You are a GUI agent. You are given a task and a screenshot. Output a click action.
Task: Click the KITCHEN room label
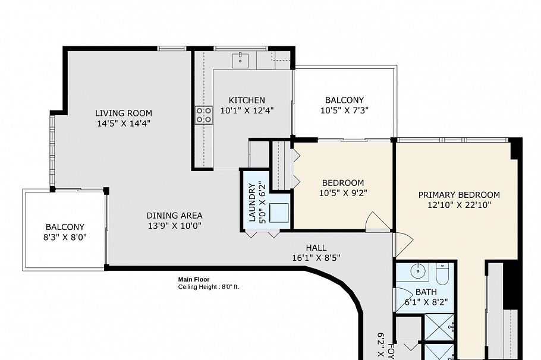click(x=247, y=100)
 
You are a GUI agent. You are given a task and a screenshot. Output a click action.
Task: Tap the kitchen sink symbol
click(x=242, y=58)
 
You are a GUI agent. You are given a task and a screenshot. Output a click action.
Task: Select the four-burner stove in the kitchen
click(x=204, y=115)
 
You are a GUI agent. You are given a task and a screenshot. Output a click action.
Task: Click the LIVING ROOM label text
click(x=124, y=113)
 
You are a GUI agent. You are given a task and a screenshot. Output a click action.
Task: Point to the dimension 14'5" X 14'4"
click(x=124, y=124)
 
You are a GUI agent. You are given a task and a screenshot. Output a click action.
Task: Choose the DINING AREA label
click(x=175, y=216)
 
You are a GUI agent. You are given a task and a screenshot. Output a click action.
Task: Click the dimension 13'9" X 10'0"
click(x=175, y=226)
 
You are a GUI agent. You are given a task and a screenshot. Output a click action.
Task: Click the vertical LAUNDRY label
click(x=252, y=202)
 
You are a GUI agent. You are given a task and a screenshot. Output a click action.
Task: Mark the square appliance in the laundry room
click(x=278, y=213)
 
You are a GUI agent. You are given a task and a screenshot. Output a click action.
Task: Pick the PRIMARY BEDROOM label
click(x=459, y=195)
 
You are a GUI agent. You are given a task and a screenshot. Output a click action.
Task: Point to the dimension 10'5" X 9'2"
click(x=342, y=193)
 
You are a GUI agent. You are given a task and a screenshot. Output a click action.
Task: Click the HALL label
click(x=316, y=248)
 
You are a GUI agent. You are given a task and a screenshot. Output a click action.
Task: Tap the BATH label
click(x=425, y=292)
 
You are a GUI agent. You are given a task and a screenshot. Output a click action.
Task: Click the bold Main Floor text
click(x=194, y=279)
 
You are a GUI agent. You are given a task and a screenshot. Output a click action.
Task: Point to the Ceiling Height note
click(x=208, y=286)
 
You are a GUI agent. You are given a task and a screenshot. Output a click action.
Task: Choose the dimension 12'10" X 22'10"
click(x=459, y=205)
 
